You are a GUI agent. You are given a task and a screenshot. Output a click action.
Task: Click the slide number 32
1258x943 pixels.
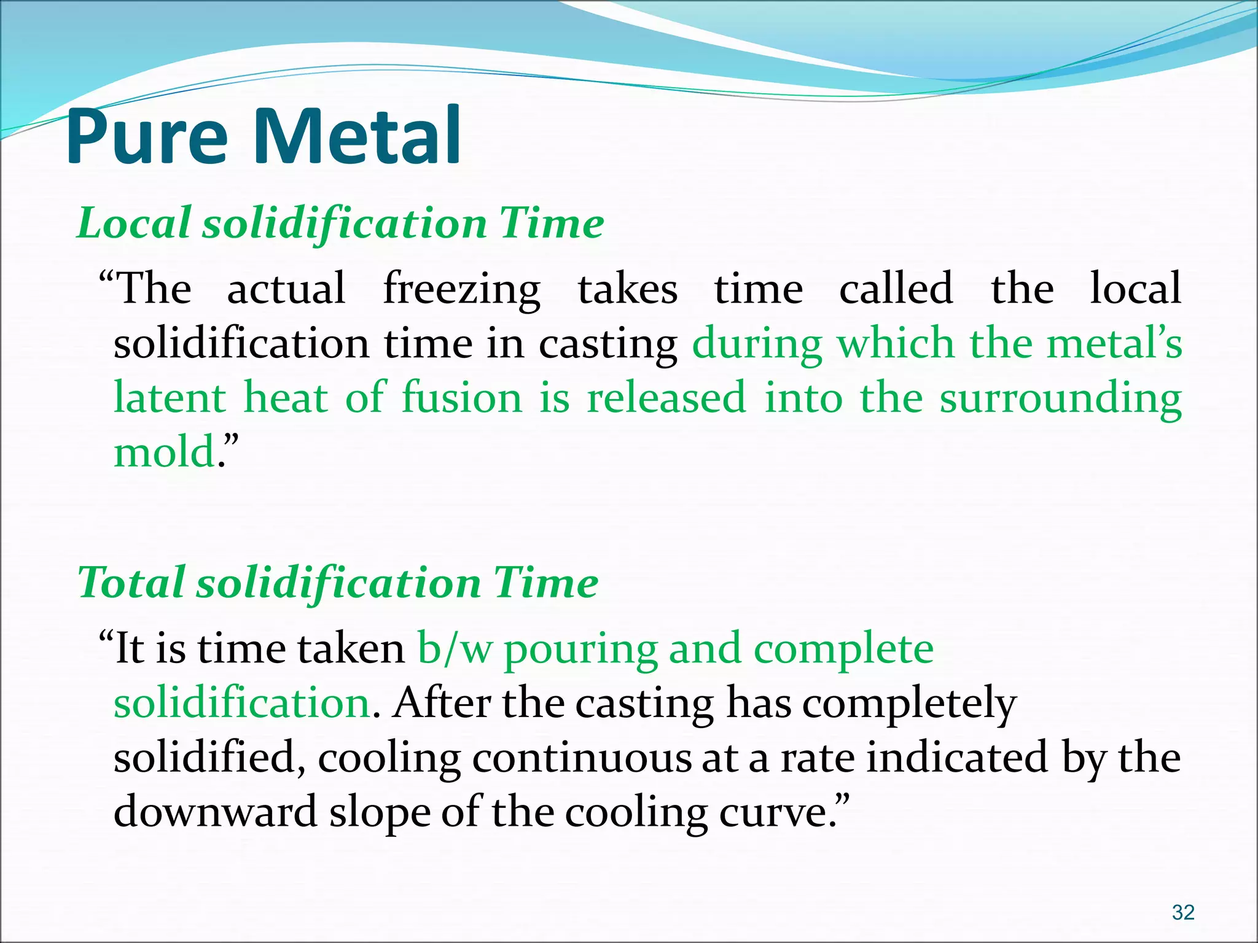point(1182,912)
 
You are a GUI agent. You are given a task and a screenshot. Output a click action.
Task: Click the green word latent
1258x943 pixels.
point(170,398)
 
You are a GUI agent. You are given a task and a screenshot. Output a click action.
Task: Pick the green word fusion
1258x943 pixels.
point(462,398)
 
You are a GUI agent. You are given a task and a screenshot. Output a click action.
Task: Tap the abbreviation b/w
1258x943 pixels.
point(455,649)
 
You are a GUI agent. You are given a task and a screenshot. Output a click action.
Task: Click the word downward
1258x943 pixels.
point(215,812)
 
